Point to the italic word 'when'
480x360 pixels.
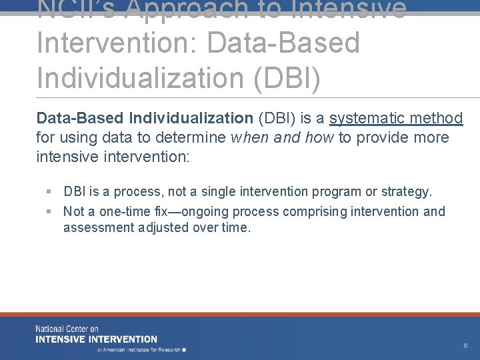click(x=249, y=138)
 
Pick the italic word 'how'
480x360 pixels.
click(x=321, y=138)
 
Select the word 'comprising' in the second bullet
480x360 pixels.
click(x=314, y=212)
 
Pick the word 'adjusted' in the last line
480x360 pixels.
click(x=159, y=227)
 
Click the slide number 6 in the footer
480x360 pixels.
click(x=465, y=346)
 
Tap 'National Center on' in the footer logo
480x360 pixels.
click(x=67, y=329)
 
